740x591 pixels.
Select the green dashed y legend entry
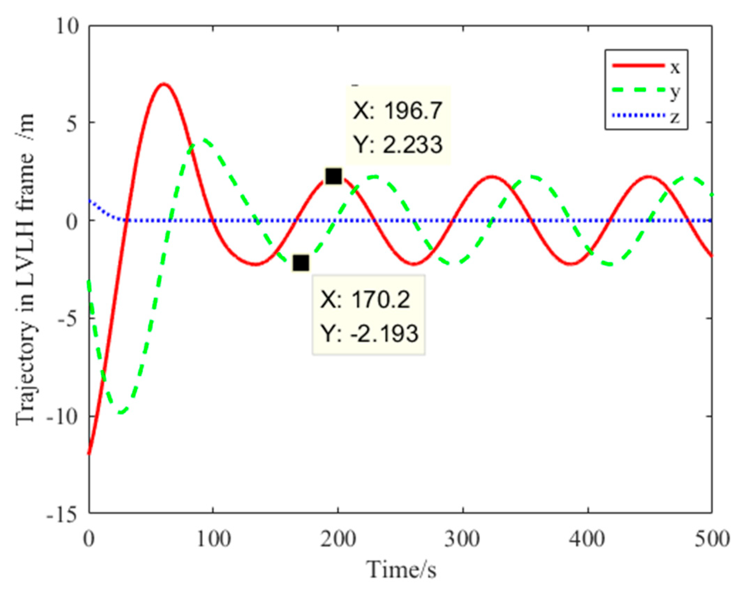646,91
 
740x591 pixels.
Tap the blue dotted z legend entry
646,116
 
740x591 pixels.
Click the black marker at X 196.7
333,176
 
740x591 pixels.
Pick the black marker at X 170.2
301,263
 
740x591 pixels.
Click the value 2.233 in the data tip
413,144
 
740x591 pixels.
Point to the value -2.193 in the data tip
384,333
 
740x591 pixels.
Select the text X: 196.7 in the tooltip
398,111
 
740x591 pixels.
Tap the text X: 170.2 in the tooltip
365,299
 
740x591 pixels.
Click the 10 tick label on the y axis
68,26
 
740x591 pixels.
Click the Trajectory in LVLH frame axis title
25,268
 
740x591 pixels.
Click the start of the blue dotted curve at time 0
90,200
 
